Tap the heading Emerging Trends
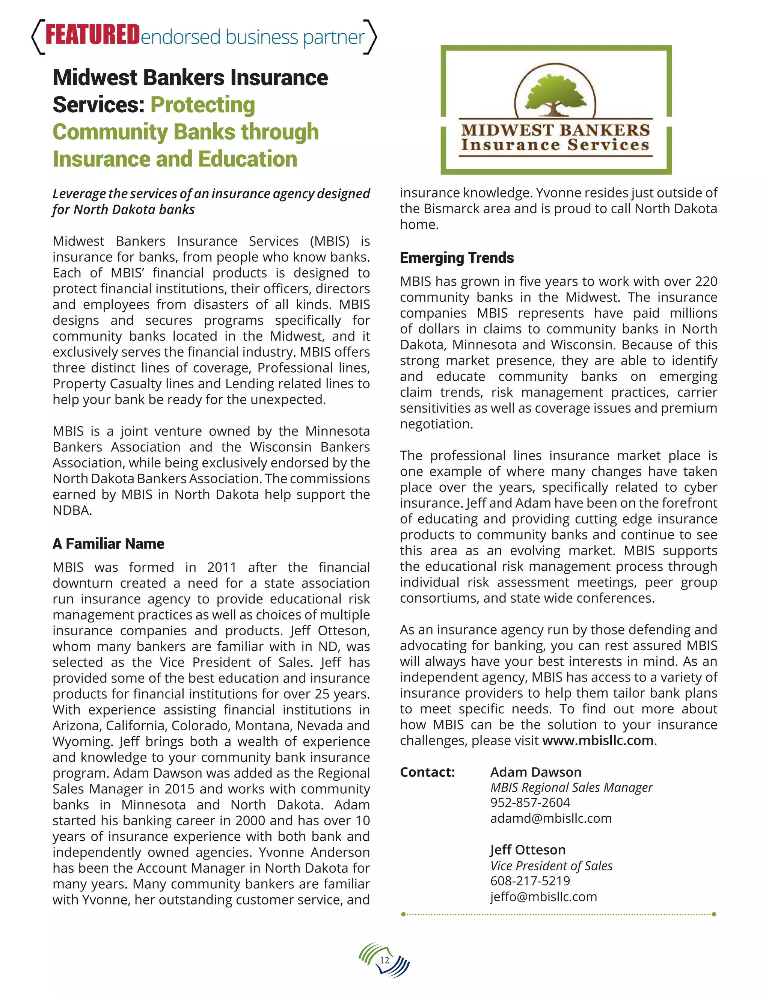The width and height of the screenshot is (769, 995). coord(457,258)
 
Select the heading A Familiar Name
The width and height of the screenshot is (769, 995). coord(108,544)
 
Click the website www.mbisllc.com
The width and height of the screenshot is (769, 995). coord(598,740)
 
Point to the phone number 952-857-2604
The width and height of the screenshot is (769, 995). coord(530,802)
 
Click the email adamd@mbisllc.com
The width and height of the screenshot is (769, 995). coord(550,818)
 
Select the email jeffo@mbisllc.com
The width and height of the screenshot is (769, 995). coord(543,897)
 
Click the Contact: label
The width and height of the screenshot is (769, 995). coord(427,772)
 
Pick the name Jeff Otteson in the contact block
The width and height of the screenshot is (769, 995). coord(528,850)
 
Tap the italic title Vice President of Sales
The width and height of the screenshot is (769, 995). coord(551,865)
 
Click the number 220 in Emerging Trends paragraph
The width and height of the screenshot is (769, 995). coord(706,282)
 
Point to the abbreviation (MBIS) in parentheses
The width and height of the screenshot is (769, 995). coord(329,241)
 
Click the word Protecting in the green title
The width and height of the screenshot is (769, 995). coord(202,105)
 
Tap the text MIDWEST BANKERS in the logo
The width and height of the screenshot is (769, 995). coord(555,130)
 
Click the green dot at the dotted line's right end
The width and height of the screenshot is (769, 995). coord(714,914)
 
